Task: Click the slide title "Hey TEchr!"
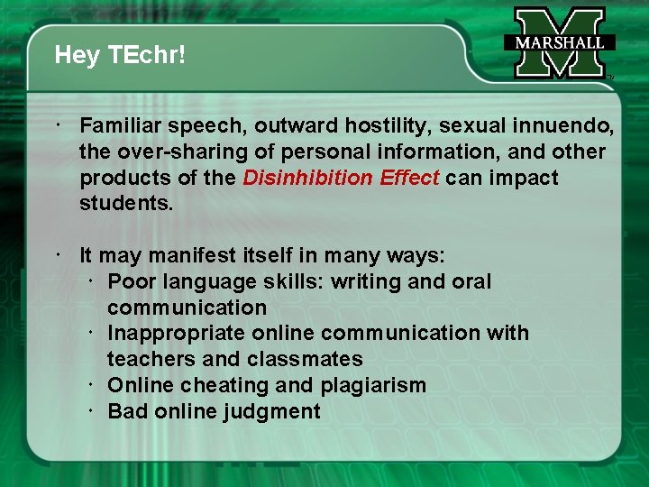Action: click(120, 56)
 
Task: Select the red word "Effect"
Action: click(409, 178)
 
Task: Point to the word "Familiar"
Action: click(119, 125)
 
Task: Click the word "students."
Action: click(125, 204)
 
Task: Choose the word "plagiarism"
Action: click(373, 386)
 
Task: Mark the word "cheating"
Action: click(214, 386)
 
